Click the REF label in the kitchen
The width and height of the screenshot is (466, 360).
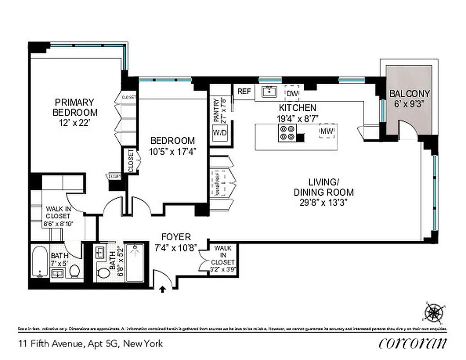pos(244,91)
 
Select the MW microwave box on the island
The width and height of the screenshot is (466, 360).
pos(326,131)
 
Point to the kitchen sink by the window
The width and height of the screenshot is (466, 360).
pos(270,92)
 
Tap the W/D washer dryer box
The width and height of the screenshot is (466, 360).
pos(220,133)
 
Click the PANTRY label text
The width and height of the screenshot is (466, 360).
pos(217,111)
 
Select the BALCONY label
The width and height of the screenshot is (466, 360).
pos(409,94)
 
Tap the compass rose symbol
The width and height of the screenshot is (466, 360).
pos(434,312)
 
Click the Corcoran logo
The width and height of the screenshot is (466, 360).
pos(413,343)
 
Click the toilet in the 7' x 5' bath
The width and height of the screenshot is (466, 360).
pos(75,271)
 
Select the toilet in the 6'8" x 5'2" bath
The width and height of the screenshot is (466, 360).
pos(104,273)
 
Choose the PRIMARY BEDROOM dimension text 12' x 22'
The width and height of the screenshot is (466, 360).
pos(75,121)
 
